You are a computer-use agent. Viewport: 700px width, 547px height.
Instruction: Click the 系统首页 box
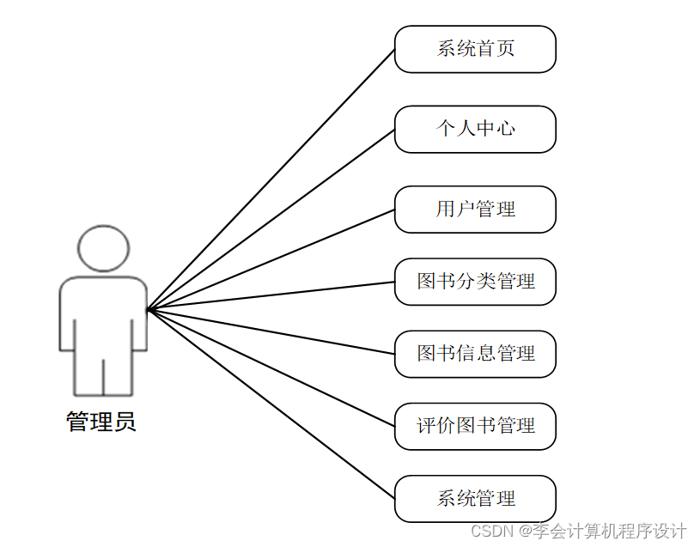pyautogui.click(x=475, y=49)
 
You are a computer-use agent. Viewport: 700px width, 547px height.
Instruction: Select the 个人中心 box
pyautogui.click(x=475, y=129)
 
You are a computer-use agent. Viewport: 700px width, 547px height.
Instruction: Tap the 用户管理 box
pyautogui.click(x=475, y=209)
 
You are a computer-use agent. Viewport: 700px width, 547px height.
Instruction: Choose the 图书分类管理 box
pyautogui.click(x=475, y=281)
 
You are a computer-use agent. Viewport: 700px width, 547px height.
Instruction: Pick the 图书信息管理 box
pyautogui.click(x=475, y=353)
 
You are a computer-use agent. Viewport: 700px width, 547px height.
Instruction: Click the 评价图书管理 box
pyautogui.click(x=475, y=426)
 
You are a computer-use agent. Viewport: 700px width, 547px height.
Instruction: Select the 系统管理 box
pyautogui.click(x=475, y=498)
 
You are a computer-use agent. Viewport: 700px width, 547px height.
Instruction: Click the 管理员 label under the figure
pyautogui.click(x=101, y=422)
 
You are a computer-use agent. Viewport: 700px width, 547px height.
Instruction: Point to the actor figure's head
pyautogui.click(x=103, y=248)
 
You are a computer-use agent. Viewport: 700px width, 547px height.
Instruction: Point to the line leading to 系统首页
pyautogui.click(x=271, y=179)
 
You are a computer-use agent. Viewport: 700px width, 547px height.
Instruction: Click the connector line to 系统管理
pyautogui.click(x=271, y=404)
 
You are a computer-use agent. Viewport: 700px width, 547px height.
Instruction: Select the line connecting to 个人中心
pyautogui.click(x=271, y=219)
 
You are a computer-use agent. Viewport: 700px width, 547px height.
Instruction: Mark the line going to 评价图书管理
pyautogui.click(x=271, y=368)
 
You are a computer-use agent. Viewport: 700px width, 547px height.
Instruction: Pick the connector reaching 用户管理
pyautogui.click(x=271, y=258)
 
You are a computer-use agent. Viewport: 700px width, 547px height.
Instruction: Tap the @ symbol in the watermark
pyautogui.click(x=526, y=531)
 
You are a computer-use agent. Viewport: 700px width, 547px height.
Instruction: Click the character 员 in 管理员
pyautogui.click(x=125, y=422)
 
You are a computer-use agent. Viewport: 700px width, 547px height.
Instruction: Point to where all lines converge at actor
pyautogui.click(x=148, y=309)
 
